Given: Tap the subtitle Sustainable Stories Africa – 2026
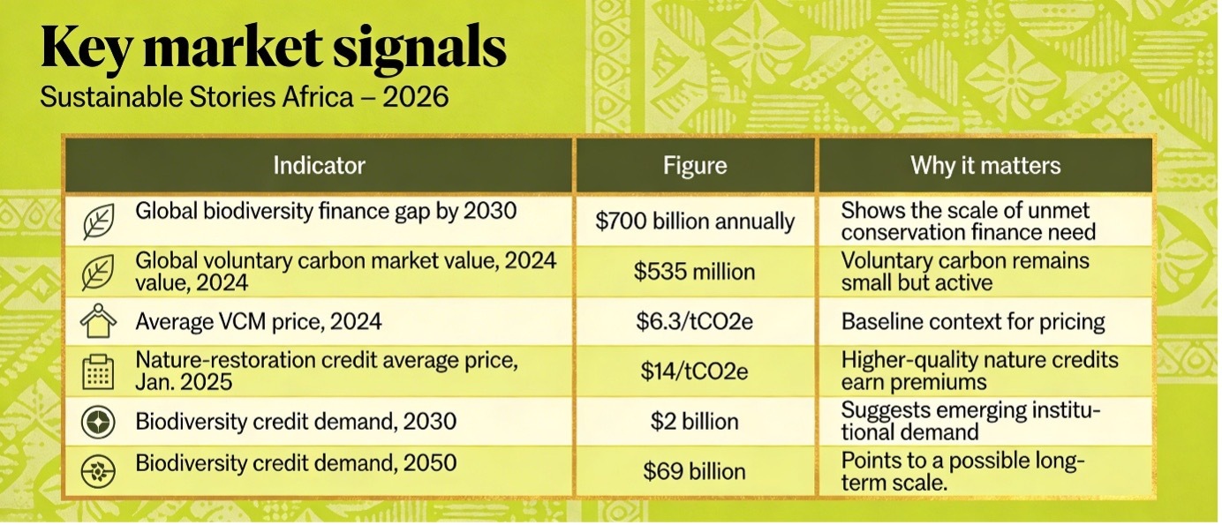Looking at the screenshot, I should (245, 96).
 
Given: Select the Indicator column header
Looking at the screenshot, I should (319, 165).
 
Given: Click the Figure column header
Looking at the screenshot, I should (696, 165).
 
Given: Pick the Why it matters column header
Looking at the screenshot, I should (985, 165).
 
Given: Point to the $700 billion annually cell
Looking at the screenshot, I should (695, 221).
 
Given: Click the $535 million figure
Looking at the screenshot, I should (695, 271).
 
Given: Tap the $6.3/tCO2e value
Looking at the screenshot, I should (695, 321).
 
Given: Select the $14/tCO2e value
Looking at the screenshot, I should (695, 371).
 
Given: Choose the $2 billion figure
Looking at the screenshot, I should (695, 422).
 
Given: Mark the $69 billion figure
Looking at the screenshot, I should (695, 471).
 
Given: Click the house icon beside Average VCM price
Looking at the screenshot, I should (98, 322).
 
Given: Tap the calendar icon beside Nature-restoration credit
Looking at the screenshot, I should (98, 371).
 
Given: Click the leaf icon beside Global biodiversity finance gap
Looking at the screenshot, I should (98, 221).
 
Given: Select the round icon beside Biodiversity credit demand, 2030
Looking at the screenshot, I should (98, 423).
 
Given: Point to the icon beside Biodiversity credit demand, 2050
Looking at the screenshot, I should (98, 472).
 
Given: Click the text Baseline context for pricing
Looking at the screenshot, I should (973, 321).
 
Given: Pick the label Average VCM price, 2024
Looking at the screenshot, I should (259, 321).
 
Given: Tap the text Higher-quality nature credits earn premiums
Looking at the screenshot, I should (979, 371).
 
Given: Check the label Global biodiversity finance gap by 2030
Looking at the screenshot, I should (326, 212).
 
